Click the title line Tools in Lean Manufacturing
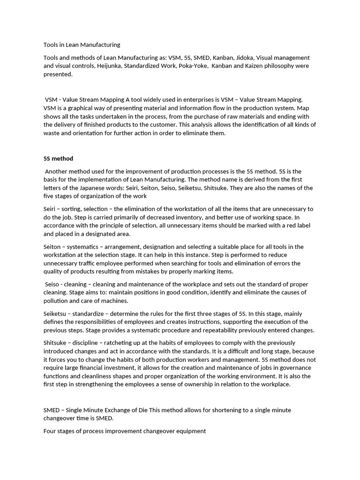click(82, 45)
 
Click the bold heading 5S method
click(58, 158)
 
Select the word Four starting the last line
click(50, 431)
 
